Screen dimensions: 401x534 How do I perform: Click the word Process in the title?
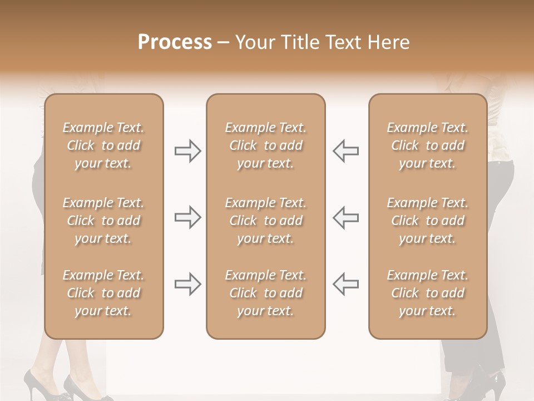tap(175, 42)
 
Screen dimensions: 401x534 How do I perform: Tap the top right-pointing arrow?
tap(188, 151)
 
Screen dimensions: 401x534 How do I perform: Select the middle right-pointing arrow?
tap(188, 217)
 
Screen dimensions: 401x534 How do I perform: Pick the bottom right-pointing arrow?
tap(188, 284)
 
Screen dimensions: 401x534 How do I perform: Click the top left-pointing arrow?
tap(345, 151)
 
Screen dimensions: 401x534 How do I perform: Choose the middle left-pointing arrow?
tap(345, 217)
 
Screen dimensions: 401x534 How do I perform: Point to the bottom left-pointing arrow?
tap(345, 284)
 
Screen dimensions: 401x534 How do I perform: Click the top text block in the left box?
tap(103, 145)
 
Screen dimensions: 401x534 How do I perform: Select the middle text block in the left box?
tap(103, 221)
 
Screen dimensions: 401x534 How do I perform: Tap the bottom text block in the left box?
tap(103, 293)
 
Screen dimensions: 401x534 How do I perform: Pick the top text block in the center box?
tap(265, 145)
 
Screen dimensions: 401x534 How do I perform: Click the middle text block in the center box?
tap(265, 221)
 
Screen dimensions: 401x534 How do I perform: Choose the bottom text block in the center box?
tap(265, 293)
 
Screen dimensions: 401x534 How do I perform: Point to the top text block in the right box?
tap(427, 145)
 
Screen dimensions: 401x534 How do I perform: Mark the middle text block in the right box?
tap(427, 221)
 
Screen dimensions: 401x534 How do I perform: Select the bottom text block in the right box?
tap(427, 293)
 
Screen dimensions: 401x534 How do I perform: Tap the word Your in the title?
tap(254, 42)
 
